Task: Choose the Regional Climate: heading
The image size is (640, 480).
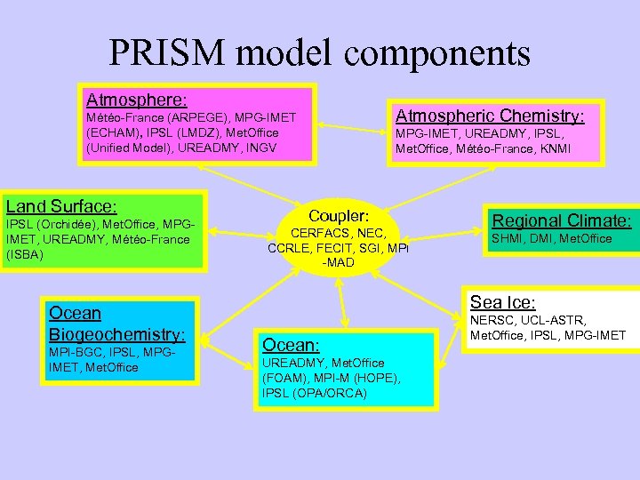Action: (x=562, y=220)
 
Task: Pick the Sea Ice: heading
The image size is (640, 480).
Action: (x=502, y=301)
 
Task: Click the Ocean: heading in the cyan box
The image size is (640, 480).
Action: (x=291, y=344)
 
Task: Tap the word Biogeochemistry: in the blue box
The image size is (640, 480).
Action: (x=117, y=335)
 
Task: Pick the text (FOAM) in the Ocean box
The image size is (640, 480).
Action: (x=284, y=378)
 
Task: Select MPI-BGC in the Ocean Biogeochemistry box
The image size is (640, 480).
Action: (x=75, y=352)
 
